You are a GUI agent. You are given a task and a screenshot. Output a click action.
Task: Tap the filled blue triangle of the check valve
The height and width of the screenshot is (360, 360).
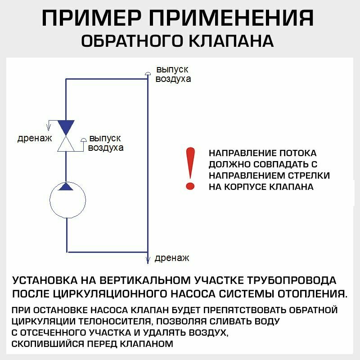[x=67, y=127]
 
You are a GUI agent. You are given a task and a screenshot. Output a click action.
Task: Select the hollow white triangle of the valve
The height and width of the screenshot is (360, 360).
[x=67, y=144]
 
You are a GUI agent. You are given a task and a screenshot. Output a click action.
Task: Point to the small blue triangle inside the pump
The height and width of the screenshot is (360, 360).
[x=67, y=186]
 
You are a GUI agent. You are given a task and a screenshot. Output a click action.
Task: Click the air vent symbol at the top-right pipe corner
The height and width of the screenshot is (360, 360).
[x=148, y=73]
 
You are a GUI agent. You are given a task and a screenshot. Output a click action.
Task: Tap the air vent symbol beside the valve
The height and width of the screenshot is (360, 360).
[x=83, y=140]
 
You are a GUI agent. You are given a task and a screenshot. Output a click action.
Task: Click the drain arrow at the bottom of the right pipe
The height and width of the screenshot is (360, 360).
[x=148, y=259]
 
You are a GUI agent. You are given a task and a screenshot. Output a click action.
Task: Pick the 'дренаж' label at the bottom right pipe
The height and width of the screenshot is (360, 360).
[x=171, y=258]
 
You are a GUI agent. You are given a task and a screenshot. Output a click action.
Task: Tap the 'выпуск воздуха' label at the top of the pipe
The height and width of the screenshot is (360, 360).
[x=173, y=74]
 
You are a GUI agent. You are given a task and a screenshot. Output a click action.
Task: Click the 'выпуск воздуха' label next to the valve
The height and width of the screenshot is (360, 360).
[x=106, y=143]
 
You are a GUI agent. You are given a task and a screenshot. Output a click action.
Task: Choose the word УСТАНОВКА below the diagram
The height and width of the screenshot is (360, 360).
[x=45, y=281]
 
